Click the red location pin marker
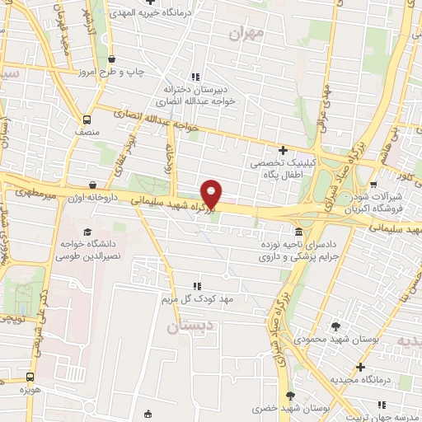[x=213, y=194]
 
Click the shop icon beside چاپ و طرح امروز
[x=112, y=59]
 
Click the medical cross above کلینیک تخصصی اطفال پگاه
[x=283, y=150]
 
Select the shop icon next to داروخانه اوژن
[x=91, y=185]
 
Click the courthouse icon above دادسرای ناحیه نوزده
[x=298, y=232]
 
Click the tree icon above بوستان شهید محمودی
[x=335, y=326]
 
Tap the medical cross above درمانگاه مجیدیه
[x=359, y=367]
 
